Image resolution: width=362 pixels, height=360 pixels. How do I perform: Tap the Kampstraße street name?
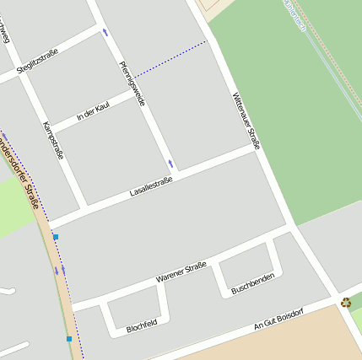(53, 141)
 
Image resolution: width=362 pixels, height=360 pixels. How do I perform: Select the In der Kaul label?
(93, 112)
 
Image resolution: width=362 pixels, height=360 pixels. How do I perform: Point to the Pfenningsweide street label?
(132, 83)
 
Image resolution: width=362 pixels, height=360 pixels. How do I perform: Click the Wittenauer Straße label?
(246, 121)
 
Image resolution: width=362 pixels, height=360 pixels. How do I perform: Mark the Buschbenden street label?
(252, 284)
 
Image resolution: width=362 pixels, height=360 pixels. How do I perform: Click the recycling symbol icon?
(346, 302)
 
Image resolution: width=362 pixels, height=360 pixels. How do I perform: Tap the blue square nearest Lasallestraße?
(56, 238)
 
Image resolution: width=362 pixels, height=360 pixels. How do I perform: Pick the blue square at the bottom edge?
(69, 339)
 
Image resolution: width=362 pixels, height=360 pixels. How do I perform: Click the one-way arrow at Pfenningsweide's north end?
(105, 32)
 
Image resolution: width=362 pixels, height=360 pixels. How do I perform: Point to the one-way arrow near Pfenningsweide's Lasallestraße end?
(170, 163)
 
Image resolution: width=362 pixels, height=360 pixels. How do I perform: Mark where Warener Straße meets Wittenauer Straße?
(292, 226)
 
